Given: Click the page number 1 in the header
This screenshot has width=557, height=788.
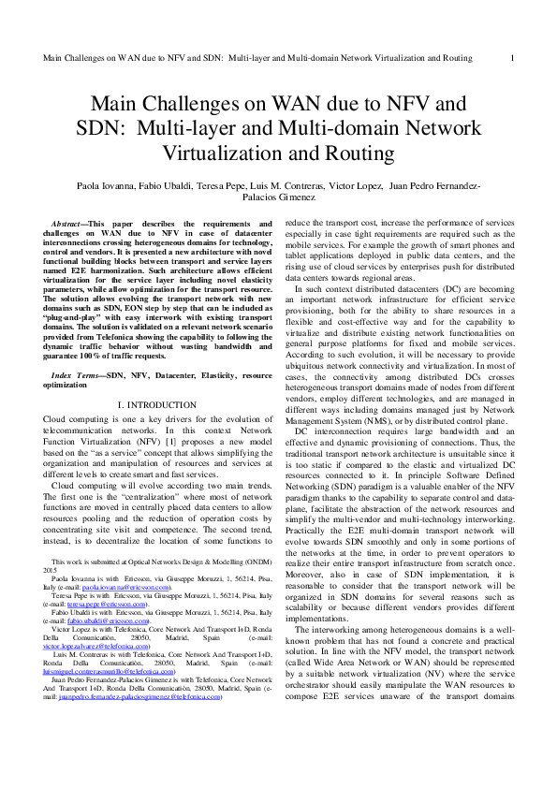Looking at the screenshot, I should click(513, 58).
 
